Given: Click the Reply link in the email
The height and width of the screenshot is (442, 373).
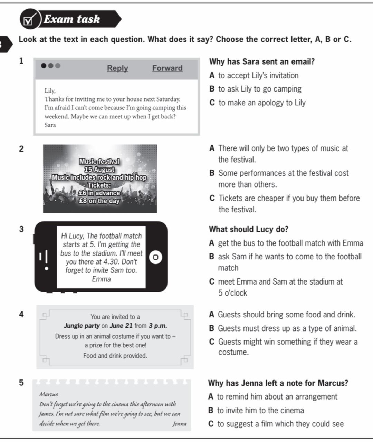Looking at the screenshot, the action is (x=117, y=68).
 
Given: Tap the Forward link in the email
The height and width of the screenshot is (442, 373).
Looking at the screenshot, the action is (x=167, y=68).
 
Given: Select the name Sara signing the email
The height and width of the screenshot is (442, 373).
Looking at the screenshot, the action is (x=50, y=125).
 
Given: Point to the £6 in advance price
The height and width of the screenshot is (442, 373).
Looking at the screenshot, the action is (x=99, y=193).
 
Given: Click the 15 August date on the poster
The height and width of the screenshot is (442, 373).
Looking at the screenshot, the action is (x=99, y=170).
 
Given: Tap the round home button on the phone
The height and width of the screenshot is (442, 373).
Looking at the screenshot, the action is (x=156, y=257).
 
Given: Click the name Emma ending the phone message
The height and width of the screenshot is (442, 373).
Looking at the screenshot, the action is (x=101, y=279).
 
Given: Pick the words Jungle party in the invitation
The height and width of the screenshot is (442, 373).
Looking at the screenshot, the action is (x=82, y=326).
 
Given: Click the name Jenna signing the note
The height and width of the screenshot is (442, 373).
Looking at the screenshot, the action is (x=180, y=424).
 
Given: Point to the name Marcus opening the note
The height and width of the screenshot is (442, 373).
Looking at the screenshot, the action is (x=48, y=394).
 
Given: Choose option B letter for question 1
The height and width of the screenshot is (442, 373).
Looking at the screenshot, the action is (x=212, y=89).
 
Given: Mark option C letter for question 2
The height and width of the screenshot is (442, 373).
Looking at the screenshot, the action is (x=212, y=198).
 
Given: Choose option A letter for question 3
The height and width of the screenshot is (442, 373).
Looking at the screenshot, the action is (x=211, y=243).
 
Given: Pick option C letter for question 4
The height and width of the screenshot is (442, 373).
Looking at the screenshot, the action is (x=212, y=342).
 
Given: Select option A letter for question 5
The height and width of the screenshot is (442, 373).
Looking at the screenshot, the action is (x=211, y=396).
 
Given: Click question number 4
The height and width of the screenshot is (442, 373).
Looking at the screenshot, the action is (x=21, y=314).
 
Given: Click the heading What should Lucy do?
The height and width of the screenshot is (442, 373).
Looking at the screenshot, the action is (x=249, y=229).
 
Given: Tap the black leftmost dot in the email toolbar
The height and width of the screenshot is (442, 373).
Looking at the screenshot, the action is (x=44, y=66).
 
